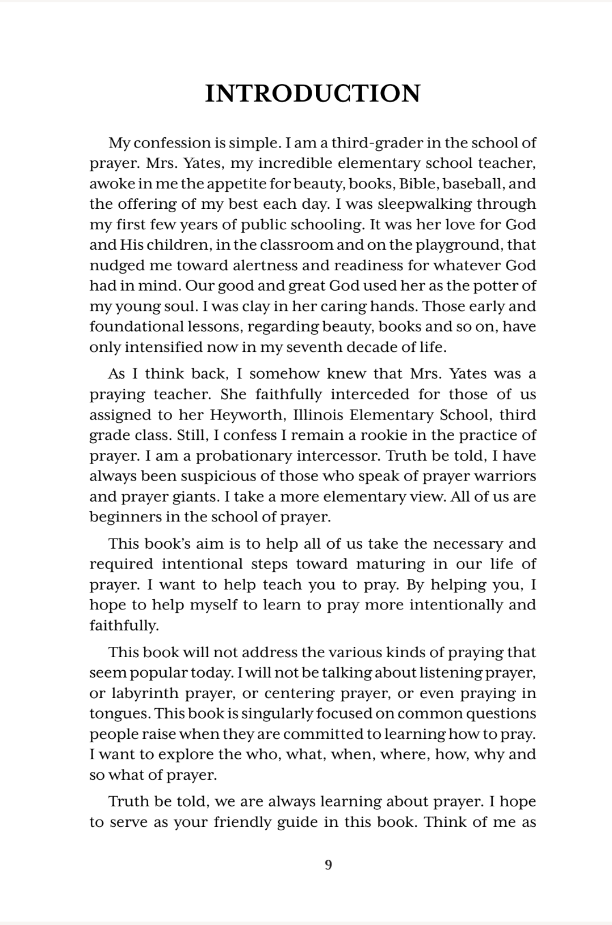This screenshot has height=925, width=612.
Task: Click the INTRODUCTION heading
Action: [x=312, y=94]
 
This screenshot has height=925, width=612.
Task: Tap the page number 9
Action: [x=328, y=865]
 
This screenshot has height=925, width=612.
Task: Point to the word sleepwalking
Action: [x=425, y=204]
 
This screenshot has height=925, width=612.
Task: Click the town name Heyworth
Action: [x=245, y=415]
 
